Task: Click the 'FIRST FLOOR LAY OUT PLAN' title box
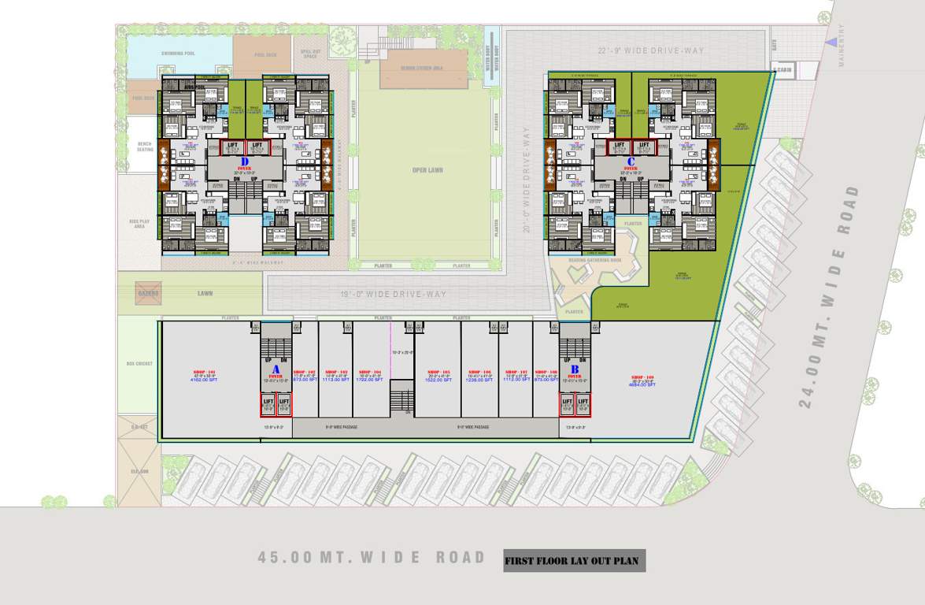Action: [574, 561]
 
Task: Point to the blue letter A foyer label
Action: [276, 369]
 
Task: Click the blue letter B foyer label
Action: [575, 369]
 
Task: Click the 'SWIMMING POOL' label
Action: [178, 54]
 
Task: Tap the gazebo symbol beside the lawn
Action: [148, 293]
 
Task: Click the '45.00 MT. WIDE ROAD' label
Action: [372, 558]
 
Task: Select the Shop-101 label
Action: [205, 373]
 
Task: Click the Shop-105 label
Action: [438, 373]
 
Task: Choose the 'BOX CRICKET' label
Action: [139, 364]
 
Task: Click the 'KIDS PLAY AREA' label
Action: [139, 224]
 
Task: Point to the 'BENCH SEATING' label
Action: [144, 146]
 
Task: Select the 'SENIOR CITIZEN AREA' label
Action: [423, 69]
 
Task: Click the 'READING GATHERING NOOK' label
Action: [595, 259]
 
